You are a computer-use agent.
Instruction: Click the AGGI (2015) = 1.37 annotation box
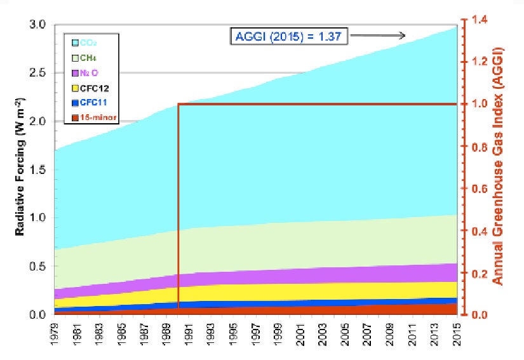pyautogui.click(x=289, y=36)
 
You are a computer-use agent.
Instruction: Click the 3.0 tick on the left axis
pyautogui.click(x=38, y=25)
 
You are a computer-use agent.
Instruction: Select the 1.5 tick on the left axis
pyautogui.click(x=38, y=170)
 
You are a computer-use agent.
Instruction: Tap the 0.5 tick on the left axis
pyautogui.click(x=38, y=267)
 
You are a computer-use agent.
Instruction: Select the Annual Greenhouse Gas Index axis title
pyautogui.click(x=501, y=166)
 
